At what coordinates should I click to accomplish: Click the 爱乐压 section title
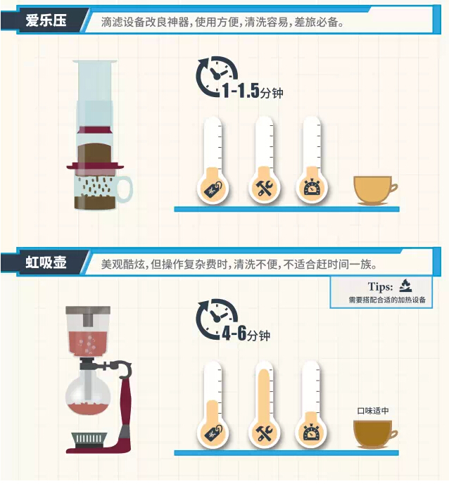point(46,20)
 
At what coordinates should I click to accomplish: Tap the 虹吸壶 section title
point(46,262)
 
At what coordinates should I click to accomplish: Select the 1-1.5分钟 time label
point(253,91)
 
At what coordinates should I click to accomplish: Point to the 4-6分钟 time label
point(246,333)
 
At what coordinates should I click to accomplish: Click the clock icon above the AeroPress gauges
point(216,76)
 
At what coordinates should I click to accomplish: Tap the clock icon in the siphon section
point(216,319)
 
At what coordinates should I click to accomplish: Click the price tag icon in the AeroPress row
point(213,189)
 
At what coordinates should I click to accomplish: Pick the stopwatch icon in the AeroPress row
point(312,186)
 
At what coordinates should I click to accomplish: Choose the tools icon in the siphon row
point(265,432)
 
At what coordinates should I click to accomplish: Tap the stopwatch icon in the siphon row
point(311,431)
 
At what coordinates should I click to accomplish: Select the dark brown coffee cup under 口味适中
point(374,434)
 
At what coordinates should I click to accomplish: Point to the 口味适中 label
point(373,411)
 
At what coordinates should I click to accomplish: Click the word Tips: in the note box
point(380,287)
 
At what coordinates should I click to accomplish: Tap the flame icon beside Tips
point(405,286)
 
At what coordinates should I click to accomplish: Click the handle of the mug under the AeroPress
point(125,189)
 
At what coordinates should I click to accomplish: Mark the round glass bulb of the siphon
point(88,392)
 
